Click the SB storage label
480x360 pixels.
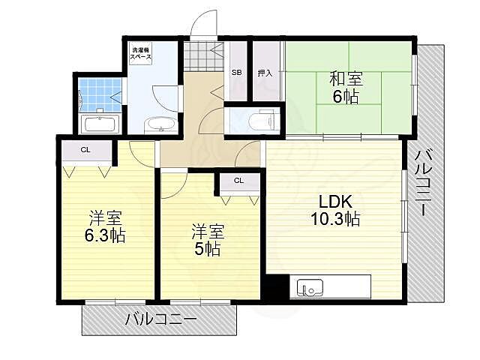click(236, 73)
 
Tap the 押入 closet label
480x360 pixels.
click(264, 73)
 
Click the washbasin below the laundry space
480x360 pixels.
click(157, 124)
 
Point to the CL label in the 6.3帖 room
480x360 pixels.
click(85, 149)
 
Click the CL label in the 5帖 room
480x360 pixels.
click(238, 181)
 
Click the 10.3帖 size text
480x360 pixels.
click(334, 219)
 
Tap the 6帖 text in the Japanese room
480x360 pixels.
click(346, 96)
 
